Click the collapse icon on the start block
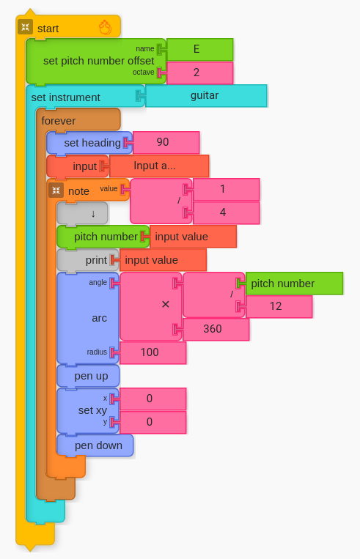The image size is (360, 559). (25, 27)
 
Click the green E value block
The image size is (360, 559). (200, 49)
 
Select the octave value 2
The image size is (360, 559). (200, 73)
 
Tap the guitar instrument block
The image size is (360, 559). (206, 96)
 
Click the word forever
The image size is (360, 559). (58, 121)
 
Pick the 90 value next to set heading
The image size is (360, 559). (166, 142)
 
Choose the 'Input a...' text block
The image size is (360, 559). (159, 166)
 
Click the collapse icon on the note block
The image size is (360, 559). (56, 190)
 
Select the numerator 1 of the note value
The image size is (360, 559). (226, 189)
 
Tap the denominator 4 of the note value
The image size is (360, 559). (226, 213)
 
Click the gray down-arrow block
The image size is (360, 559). (82, 213)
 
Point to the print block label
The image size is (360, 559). (96, 260)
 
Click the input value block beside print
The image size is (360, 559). (163, 260)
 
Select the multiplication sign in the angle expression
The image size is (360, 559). (165, 305)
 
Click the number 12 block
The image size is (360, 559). (279, 306)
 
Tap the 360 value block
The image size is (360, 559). (216, 330)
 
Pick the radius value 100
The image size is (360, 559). (153, 352)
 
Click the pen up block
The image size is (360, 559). (88, 376)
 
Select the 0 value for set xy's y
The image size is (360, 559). (153, 423)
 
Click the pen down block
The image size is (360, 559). (95, 445)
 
